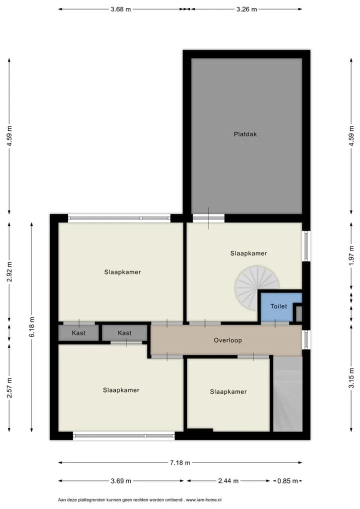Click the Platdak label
(x=245, y=134)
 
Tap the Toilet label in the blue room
(x=278, y=306)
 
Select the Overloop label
(x=227, y=340)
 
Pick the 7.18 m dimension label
(x=180, y=462)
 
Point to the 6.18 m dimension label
(x=32, y=327)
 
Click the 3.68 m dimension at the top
(x=121, y=9)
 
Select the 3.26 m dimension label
(x=246, y=9)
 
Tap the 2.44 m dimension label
(x=228, y=481)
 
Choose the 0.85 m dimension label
(x=287, y=481)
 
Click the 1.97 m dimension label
(x=351, y=255)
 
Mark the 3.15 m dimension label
(x=351, y=377)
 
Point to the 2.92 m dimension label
(x=9, y=272)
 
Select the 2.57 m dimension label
(x=9, y=388)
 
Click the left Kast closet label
(x=78, y=332)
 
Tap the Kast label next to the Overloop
(x=124, y=332)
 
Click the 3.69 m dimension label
(x=121, y=481)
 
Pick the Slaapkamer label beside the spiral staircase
(x=248, y=253)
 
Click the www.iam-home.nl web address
(x=204, y=500)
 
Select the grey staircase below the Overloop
(x=287, y=394)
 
